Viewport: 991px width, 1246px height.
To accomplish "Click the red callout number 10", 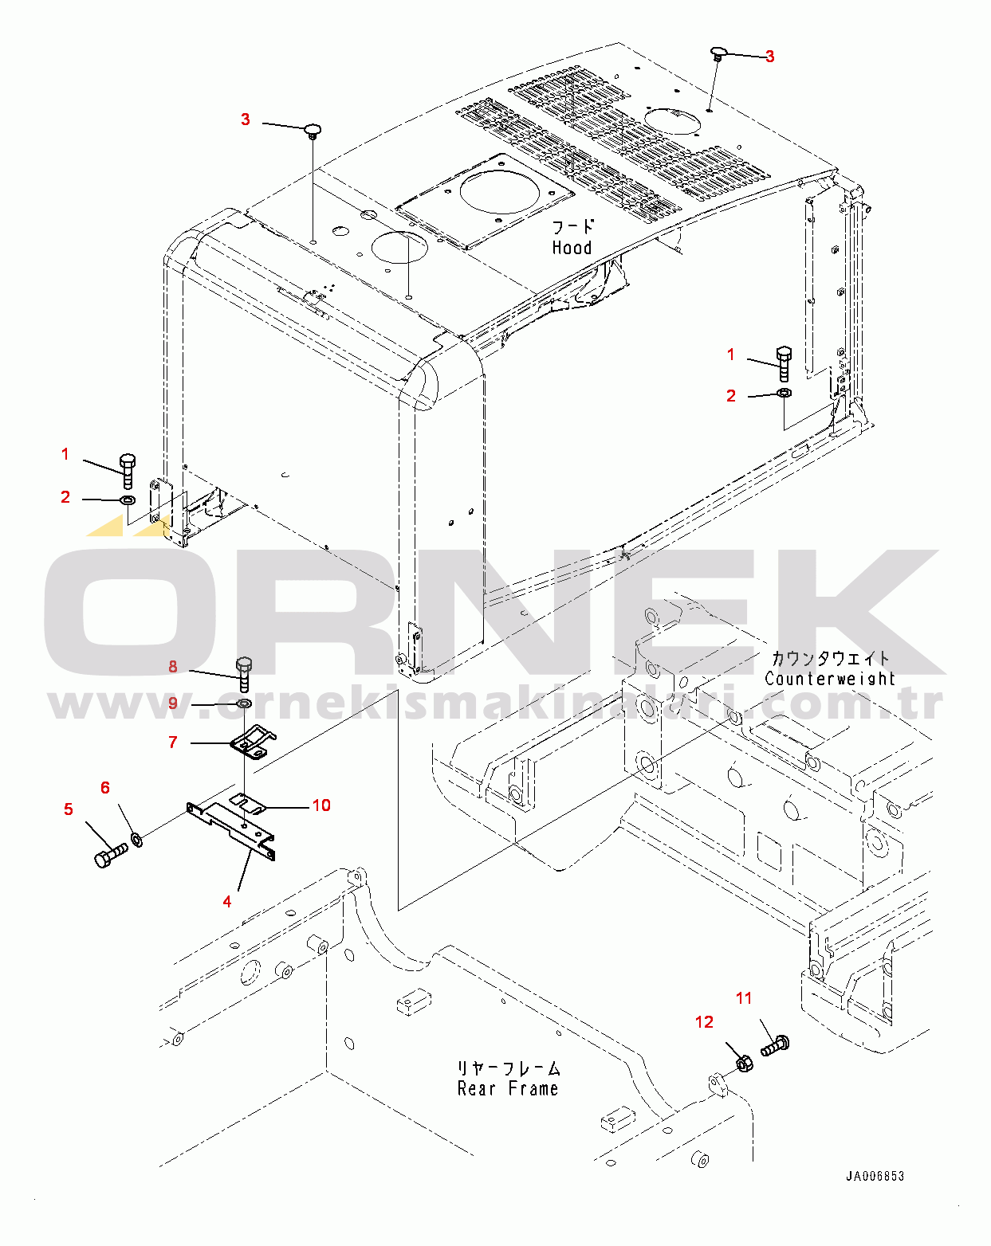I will (321, 805).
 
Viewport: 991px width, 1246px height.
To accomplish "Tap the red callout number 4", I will (227, 902).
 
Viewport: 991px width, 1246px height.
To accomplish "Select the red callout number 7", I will (173, 743).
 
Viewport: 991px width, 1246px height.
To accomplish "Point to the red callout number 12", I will (704, 1022).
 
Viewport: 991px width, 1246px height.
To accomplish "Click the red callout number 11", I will (744, 998).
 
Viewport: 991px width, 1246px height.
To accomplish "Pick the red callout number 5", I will (69, 809).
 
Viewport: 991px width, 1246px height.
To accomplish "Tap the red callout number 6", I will (105, 788).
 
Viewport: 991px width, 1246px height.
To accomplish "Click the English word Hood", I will (572, 248).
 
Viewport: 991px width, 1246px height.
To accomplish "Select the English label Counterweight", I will (830, 679).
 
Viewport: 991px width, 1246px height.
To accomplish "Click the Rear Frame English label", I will (508, 1089).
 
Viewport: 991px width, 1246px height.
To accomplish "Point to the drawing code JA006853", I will (875, 1176).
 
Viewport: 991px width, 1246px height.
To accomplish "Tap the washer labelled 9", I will (244, 704).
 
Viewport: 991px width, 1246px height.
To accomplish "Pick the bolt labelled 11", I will (774, 1045).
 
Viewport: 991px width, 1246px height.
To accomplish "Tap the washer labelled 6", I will (137, 839).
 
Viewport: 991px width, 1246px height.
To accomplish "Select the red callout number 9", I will (173, 704).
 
